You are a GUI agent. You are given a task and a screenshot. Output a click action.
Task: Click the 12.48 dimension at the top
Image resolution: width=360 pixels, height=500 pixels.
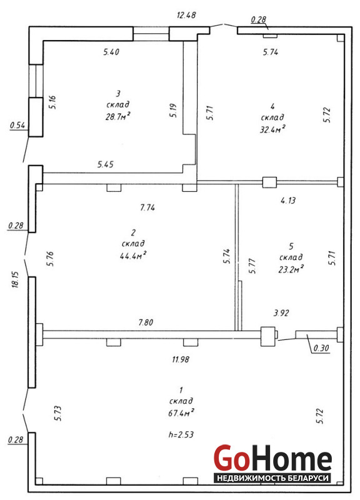click(186, 15)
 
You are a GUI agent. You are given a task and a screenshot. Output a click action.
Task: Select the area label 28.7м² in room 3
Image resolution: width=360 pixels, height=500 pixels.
click(118, 116)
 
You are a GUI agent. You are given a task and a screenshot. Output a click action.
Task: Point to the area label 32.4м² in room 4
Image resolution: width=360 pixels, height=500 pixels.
click(272, 129)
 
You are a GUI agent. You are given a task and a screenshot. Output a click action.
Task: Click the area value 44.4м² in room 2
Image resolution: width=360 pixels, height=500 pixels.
click(133, 256)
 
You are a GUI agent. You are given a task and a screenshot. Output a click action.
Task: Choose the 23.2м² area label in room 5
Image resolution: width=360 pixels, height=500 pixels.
click(291, 269)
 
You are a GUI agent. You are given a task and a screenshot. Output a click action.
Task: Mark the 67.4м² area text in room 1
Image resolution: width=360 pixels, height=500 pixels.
click(181, 412)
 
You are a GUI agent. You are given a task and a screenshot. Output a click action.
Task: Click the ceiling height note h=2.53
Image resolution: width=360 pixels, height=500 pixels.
click(181, 434)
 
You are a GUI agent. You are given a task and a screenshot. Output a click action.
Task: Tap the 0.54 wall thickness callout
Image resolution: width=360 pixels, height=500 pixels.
click(17, 125)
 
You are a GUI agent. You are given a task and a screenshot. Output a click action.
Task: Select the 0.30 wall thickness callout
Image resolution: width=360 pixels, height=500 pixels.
click(321, 348)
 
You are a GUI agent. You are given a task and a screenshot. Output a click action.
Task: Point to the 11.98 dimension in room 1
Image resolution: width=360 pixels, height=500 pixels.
click(181, 359)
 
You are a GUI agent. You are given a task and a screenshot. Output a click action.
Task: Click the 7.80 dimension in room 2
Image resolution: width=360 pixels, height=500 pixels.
click(146, 322)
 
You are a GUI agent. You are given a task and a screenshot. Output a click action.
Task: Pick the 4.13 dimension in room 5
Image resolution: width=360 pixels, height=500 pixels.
click(288, 200)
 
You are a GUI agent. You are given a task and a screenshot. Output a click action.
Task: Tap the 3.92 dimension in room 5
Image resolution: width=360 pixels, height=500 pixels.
click(281, 313)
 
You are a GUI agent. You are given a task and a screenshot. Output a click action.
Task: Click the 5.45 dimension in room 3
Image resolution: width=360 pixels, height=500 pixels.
click(106, 164)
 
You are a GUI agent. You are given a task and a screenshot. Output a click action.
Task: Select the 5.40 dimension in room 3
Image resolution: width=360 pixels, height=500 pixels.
click(111, 52)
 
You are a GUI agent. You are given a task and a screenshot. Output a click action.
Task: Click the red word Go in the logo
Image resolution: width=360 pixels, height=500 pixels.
click(231, 458)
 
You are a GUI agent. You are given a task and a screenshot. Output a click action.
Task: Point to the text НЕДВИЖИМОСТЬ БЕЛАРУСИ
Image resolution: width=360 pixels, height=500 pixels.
click(272, 478)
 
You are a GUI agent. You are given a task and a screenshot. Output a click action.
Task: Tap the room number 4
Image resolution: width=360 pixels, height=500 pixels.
click(272, 106)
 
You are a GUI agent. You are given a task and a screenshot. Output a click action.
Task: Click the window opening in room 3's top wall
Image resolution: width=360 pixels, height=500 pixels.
click(151, 34)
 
